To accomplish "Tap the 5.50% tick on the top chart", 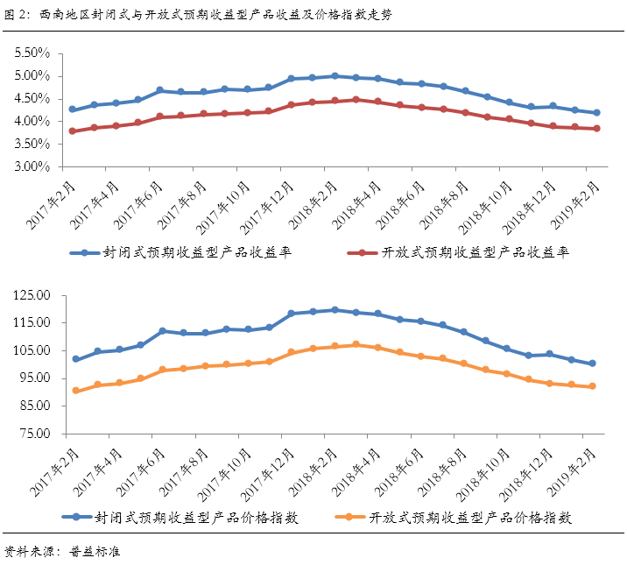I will (x=32, y=53).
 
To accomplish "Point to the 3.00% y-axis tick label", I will (x=32, y=166).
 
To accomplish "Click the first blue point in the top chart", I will (x=73, y=109).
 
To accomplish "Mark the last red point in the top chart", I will (x=597, y=129).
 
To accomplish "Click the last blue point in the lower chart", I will (x=593, y=364).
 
